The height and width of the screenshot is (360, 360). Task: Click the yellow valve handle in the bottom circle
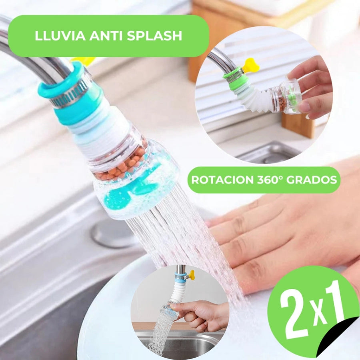192,275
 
